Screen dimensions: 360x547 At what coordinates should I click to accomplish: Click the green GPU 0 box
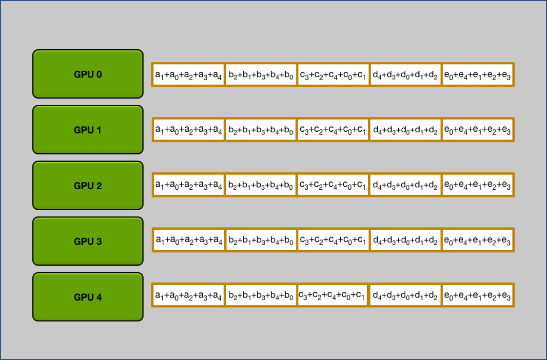pyautogui.click(x=88, y=74)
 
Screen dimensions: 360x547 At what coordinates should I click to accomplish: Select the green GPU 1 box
pyautogui.click(x=88, y=130)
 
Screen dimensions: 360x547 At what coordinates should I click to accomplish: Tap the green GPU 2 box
pyautogui.click(x=88, y=185)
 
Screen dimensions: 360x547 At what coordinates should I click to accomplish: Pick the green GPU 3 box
pyautogui.click(x=88, y=241)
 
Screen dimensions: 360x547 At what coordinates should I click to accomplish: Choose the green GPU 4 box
pyautogui.click(x=88, y=297)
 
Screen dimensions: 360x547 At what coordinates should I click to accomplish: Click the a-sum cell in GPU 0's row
pyautogui.click(x=188, y=75)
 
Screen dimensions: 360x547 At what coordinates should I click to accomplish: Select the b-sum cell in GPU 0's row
pyautogui.click(x=260, y=75)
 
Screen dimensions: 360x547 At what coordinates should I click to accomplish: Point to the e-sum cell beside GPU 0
pyautogui.click(x=478, y=75)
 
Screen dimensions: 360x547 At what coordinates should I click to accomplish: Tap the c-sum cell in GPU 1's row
pyautogui.click(x=333, y=130)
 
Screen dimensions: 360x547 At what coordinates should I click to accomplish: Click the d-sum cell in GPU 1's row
pyautogui.click(x=405, y=130)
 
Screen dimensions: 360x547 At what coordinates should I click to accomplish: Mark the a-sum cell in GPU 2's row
pyautogui.click(x=188, y=185)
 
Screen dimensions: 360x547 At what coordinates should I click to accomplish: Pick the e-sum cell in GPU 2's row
pyautogui.click(x=478, y=185)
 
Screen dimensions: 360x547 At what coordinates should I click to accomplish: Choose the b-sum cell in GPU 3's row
pyautogui.click(x=260, y=240)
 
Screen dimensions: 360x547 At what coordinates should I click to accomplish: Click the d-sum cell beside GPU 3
pyautogui.click(x=405, y=240)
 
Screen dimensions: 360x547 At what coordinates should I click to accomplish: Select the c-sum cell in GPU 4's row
pyautogui.click(x=332, y=295)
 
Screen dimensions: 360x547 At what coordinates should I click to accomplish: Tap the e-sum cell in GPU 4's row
pyautogui.click(x=478, y=295)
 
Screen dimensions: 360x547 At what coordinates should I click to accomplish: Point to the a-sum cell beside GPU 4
pyautogui.click(x=188, y=295)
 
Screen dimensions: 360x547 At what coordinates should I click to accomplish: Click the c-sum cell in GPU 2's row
pyautogui.click(x=333, y=185)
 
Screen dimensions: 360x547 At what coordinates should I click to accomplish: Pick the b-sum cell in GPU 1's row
pyautogui.click(x=260, y=130)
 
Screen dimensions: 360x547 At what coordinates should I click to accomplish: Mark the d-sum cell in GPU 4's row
pyautogui.click(x=405, y=295)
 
